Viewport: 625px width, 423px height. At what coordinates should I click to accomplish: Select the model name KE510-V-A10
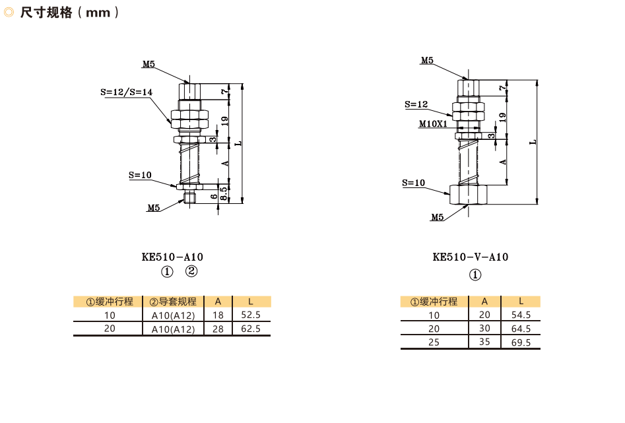[470, 257]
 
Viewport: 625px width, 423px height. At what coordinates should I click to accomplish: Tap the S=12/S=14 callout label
[126, 92]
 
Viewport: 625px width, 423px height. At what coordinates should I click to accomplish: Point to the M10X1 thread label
[433, 123]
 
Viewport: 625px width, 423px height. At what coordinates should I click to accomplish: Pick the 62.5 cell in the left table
[251, 328]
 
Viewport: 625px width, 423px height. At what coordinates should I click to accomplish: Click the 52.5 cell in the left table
[251, 315]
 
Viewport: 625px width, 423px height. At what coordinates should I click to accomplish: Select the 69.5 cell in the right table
[521, 342]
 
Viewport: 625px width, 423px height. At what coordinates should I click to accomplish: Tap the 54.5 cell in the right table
[521, 315]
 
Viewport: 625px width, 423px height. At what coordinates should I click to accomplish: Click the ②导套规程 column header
[173, 302]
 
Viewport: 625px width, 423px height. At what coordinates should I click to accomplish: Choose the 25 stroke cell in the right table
[434, 342]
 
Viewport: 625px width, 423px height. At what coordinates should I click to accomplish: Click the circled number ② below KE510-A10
[191, 271]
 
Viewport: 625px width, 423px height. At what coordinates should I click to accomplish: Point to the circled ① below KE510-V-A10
[475, 275]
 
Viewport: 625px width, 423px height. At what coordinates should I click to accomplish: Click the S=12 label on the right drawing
[416, 104]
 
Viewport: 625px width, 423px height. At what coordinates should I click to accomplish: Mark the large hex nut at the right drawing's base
[468, 194]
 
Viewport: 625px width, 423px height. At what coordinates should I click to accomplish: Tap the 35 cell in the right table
[484, 342]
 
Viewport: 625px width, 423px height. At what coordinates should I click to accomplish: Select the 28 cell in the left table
[218, 328]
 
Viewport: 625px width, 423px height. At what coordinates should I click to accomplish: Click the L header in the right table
[521, 301]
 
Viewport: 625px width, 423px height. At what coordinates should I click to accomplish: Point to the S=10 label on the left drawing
[140, 175]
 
